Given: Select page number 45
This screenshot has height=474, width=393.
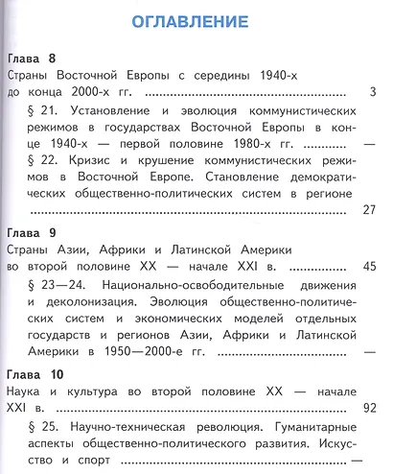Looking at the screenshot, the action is (368, 267).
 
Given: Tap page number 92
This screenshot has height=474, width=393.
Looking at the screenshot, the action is (368, 407).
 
